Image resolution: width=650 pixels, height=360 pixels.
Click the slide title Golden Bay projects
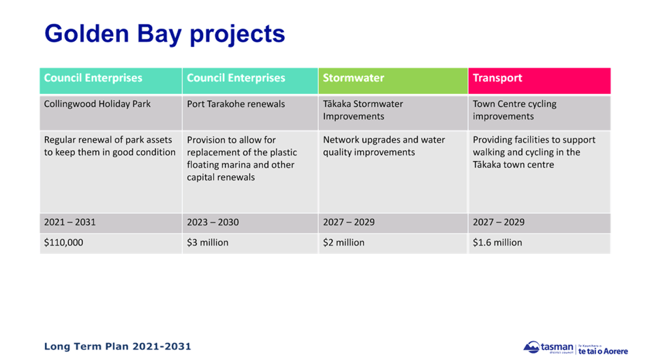(164, 33)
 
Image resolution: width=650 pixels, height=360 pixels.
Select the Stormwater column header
(354, 78)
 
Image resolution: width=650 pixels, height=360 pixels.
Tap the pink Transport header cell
(497, 78)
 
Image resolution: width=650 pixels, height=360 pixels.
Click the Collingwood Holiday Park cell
(97, 104)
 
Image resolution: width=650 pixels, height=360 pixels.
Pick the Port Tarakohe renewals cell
(236, 104)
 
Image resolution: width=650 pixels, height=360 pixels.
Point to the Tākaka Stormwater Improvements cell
(363, 110)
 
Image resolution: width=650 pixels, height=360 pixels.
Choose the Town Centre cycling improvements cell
(514, 110)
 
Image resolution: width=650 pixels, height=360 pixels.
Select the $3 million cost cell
(208, 243)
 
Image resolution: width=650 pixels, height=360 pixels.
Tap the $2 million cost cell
(343, 243)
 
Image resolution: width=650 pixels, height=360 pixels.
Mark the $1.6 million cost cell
(497, 243)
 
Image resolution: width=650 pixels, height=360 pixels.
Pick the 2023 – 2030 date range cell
(213, 222)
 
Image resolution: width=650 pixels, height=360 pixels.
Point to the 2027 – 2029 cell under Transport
(499, 222)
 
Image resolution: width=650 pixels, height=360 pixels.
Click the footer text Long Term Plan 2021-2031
(117, 346)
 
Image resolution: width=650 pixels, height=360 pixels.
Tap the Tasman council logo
(575, 348)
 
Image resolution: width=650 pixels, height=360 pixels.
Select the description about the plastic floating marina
(242, 158)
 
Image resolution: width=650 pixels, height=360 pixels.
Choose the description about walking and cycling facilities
(534, 152)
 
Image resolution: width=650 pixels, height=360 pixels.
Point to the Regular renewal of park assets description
(110, 146)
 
